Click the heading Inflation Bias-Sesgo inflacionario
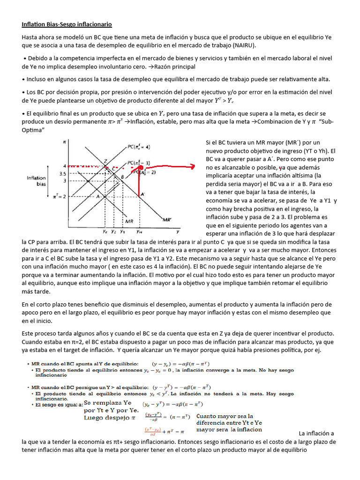pyautogui.click(x=67, y=24)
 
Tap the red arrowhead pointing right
pyautogui.click(x=192, y=166)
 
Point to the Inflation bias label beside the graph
pyautogui.click(x=36, y=181)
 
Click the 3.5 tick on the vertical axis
pyautogui.click(x=63, y=173)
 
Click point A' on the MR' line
pyautogui.click(x=143, y=194)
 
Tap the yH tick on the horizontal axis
pyautogui.click(x=140, y=231)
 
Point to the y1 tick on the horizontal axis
pyautogui.click(x=122, y=231)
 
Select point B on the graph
pyautogui.click(x=122, y=177)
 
